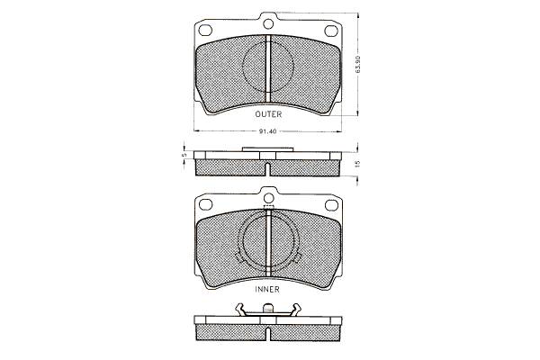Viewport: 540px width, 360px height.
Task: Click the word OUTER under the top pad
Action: [268, 114]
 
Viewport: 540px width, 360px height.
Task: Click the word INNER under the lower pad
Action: [267, 290]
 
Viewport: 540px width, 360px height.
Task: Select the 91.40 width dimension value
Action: [267, 131]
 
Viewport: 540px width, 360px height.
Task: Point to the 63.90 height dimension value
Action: [358, 64]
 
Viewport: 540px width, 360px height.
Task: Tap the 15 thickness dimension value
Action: [358, 163]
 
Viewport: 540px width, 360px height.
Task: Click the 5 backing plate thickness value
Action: [184, 156]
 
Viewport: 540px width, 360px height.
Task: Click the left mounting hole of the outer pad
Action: [205, 31]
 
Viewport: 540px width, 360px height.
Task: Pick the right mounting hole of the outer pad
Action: [331, 31]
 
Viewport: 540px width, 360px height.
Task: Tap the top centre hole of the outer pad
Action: [268, 23]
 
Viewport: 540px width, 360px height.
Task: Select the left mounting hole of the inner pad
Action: [205, 204]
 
